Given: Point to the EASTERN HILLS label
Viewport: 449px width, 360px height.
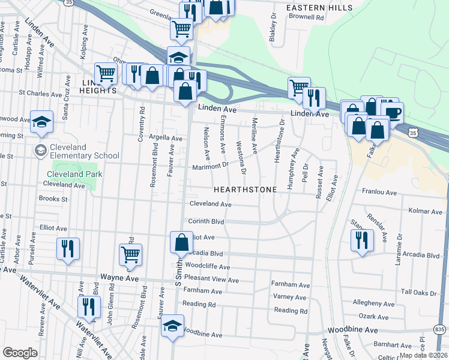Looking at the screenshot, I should click(x=312, y=7).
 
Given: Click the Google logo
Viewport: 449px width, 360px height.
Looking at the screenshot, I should click(x=20, y=353).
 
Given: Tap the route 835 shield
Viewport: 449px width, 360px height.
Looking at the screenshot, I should click(x=440, y=329).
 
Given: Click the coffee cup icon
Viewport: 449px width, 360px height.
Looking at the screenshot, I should click(x=393, y=113).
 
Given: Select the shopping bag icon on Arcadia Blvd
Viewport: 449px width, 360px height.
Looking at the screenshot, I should click(x=181, y=243).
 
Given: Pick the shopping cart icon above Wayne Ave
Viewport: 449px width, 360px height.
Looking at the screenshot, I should click(x=130, y=254).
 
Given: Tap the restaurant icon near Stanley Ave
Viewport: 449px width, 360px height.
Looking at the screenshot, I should click(x=362, y=240).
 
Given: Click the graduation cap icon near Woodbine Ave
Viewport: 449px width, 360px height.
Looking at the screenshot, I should click(x=172, y=326).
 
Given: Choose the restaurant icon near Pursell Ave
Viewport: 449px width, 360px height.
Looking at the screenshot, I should click(x=68, y=248).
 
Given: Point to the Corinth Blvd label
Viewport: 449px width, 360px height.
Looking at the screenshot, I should click(x=206, y=221).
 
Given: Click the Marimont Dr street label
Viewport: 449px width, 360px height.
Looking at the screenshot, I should click(x=210, y=166).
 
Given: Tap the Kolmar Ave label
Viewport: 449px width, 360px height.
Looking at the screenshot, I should click(x=424, y=211).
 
